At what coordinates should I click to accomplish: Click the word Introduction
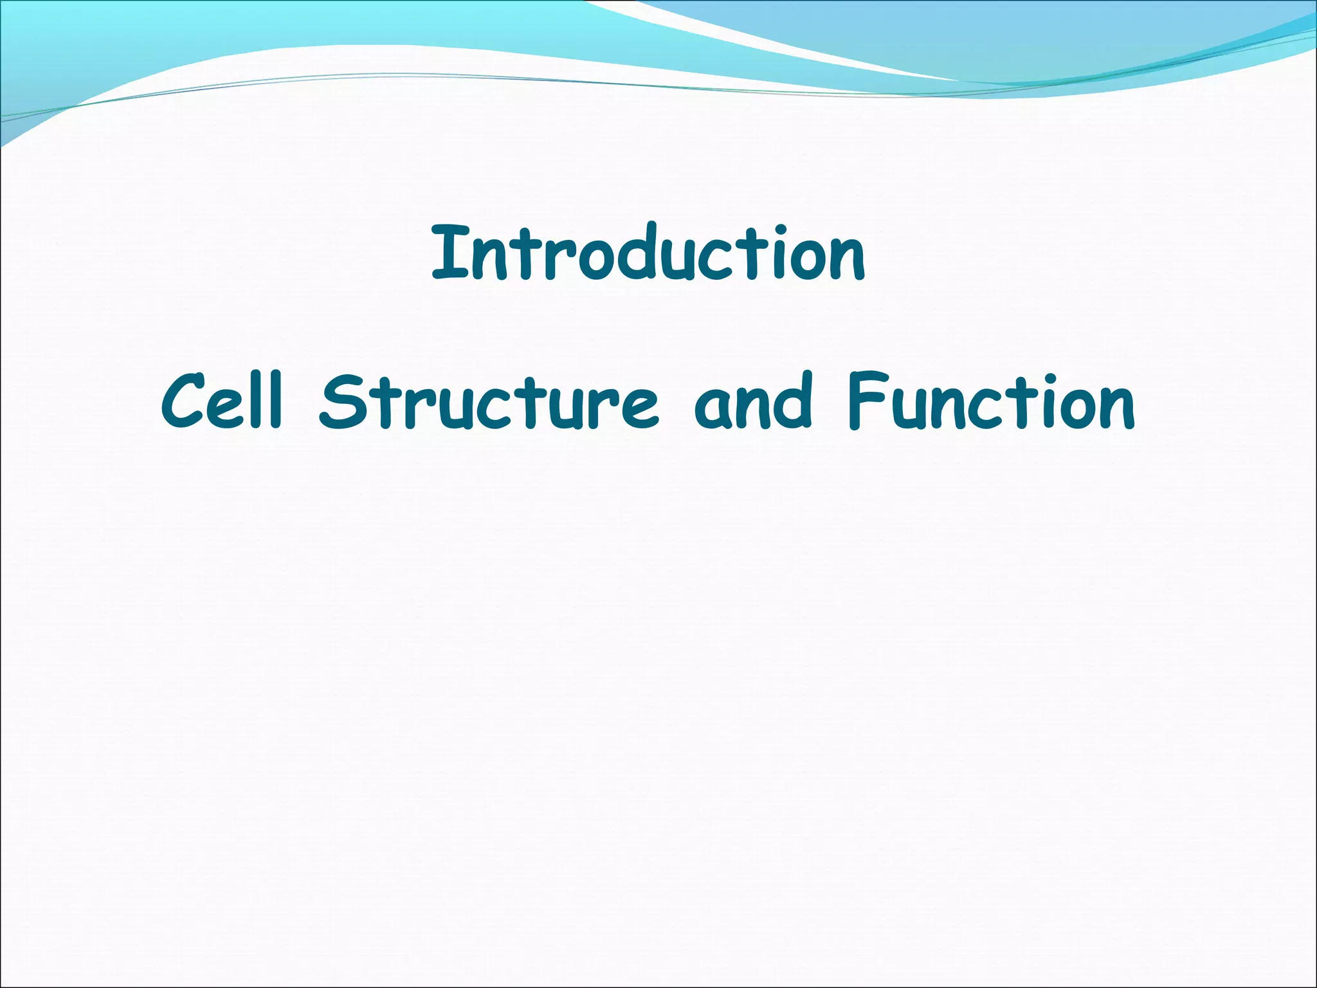648,254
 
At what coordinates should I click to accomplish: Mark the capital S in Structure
340,404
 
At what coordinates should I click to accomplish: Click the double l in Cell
265,400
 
